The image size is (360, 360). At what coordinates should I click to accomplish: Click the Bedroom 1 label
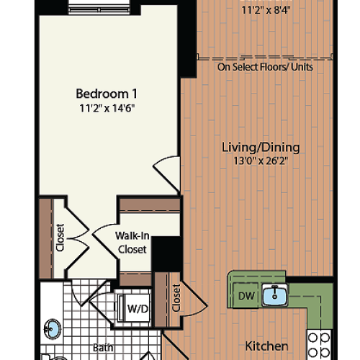click(x=107, y=94)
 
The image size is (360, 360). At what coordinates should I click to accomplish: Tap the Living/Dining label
click(x=260, y=147)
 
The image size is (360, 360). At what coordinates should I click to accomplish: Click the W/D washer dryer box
click(x=137, y=309)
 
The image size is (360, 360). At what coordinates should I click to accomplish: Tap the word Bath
click(x=102, y=348)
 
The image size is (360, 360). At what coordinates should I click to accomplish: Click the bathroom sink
click(x=53, y=330)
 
